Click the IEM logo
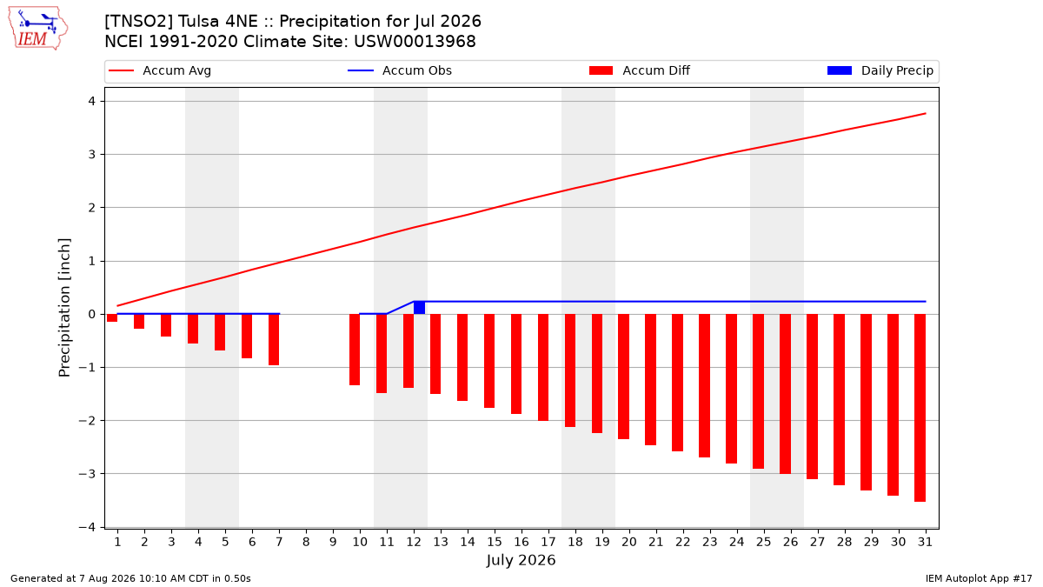(x=38, y=28)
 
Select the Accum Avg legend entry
(x=160, y=70)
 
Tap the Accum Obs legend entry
(x=400, y=70)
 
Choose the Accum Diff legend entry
(x=640, y=70)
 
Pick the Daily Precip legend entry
(x=880, y=70)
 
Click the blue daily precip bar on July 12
(x=419, y=308)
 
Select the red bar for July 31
(x=920, y=408)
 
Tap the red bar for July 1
(x=112, y=317)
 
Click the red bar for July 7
(x=274, y=340)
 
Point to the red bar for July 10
(x=355, y=350)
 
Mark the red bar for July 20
(x=623, y=377)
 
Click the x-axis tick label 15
(x=495, y=542)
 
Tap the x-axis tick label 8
(x=306, y=542)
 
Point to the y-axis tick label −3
(x=87, y=474)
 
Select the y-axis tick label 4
(x=92, y=101)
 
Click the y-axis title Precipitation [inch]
(x=64, y=308)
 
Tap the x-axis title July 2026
(x=521, y=560)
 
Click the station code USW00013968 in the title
(x=415, y=42)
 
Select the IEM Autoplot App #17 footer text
(x=979, y=578)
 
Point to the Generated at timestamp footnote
(x=130, y=578)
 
